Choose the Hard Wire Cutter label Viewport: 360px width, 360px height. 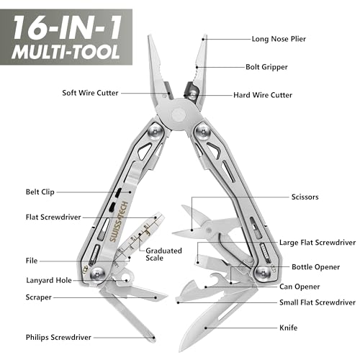coord(264,94)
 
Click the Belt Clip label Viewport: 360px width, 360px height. coord(40,192)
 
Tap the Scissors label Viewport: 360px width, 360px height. coord(306,197)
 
